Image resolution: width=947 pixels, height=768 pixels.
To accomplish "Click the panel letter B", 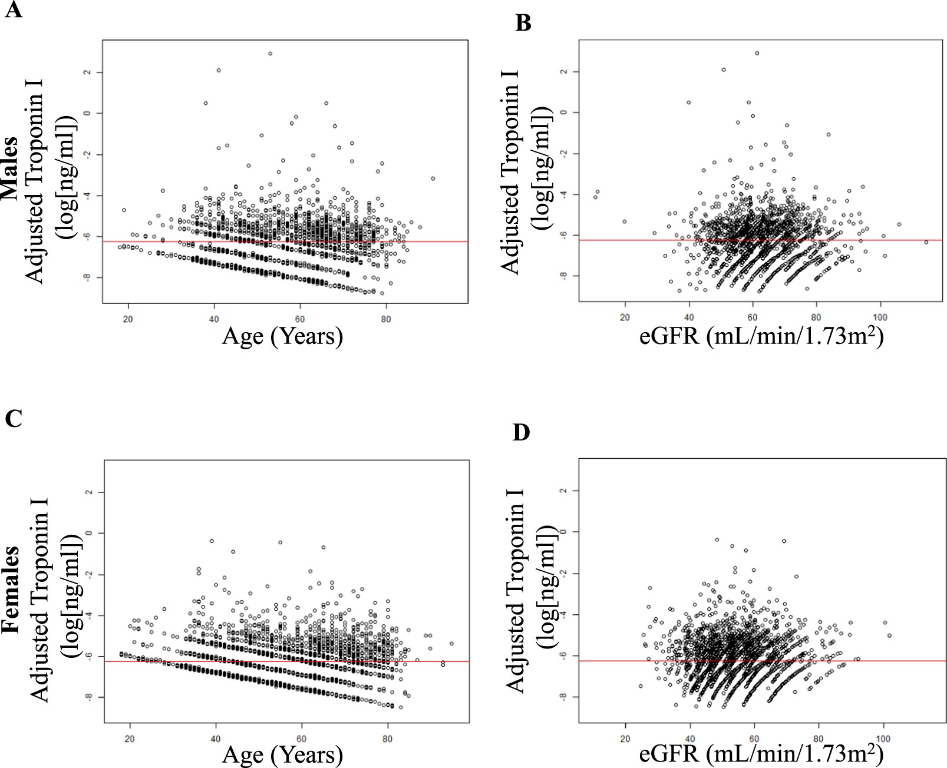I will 523,23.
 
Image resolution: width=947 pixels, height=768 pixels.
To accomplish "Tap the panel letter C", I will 13,418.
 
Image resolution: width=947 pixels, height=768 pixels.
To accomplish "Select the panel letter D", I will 521,432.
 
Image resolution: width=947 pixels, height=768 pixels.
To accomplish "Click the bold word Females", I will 10,589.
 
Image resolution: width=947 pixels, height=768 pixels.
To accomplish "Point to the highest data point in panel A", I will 270,54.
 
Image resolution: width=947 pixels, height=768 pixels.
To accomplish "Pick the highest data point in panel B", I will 757,53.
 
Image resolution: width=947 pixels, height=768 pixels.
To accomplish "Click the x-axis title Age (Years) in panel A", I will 282,336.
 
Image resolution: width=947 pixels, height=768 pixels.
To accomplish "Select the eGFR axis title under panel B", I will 761,336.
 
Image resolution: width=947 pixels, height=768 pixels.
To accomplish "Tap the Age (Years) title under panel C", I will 282,754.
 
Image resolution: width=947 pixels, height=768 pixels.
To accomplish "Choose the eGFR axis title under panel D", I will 761,754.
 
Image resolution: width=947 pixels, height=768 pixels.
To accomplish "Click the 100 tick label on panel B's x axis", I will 880,317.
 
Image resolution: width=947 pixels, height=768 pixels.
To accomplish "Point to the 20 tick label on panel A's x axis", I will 128,319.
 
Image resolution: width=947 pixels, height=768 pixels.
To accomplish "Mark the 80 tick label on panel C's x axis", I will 388,739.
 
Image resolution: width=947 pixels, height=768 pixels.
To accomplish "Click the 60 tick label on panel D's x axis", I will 754,739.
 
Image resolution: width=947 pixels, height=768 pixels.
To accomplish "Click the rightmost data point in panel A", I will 433,178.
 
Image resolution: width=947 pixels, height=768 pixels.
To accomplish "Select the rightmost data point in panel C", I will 451,643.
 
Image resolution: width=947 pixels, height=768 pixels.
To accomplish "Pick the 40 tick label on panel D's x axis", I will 689,739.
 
